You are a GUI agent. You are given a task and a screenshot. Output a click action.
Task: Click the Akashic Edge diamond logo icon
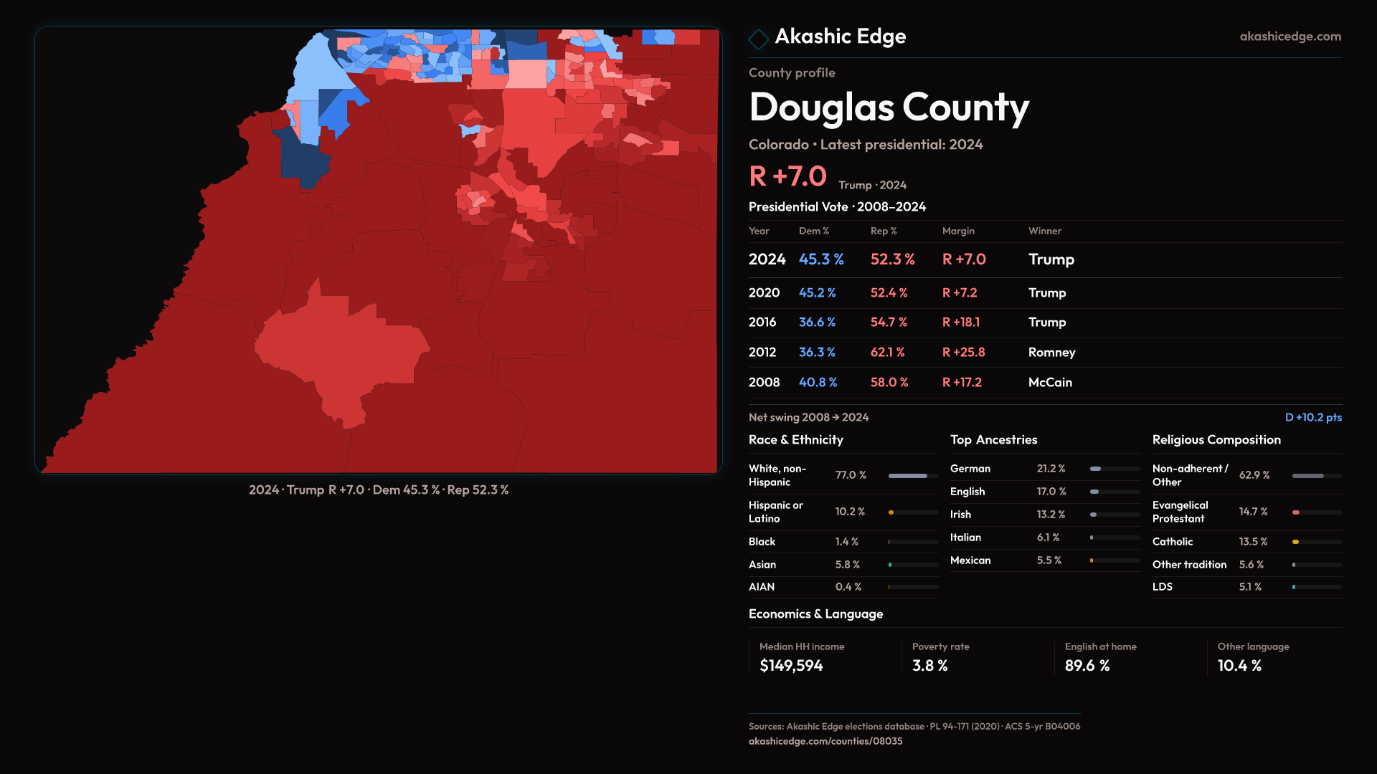click(x=758, y=38)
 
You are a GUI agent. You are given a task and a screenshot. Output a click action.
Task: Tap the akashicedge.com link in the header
click(x=1290, y=37)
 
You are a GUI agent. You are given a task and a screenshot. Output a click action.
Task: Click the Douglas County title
click(x=888, y=107)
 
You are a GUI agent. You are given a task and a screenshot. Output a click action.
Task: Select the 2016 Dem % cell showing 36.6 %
click(x=817, y=322)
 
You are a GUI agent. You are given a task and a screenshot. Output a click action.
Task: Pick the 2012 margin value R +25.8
click(x=963, y=353)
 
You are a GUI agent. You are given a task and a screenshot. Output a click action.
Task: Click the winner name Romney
click(x=1051, y=353)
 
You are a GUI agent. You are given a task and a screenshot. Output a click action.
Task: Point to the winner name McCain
click(x=1050, y=383)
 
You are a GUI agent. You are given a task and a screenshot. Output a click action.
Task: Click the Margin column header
click(x=958, y=231)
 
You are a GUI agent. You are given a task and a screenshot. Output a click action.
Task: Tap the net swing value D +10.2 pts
click(x=1312, y=417)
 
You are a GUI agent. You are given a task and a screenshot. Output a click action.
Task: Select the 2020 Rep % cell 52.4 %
click(x=889, y=293)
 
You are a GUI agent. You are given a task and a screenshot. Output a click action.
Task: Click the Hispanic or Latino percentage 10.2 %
click(x=850, y=512)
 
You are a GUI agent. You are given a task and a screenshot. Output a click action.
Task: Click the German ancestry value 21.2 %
click(x=1051, y=469)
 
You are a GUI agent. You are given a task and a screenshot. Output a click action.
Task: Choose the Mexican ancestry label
click(x=970, y=560)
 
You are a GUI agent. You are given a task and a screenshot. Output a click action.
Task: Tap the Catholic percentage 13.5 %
click(x=1253, y=542)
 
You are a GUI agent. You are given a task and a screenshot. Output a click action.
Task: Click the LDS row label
click(x=1162, y=587)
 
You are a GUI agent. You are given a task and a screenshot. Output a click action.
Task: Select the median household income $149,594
click(x=791, y=666)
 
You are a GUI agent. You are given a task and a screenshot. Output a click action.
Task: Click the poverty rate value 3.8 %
click(x=929, y=666)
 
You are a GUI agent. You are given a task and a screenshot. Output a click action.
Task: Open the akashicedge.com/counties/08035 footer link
click(x=825, y=741)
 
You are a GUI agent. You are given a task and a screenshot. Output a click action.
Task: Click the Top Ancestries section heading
click(x=993, y=440)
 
